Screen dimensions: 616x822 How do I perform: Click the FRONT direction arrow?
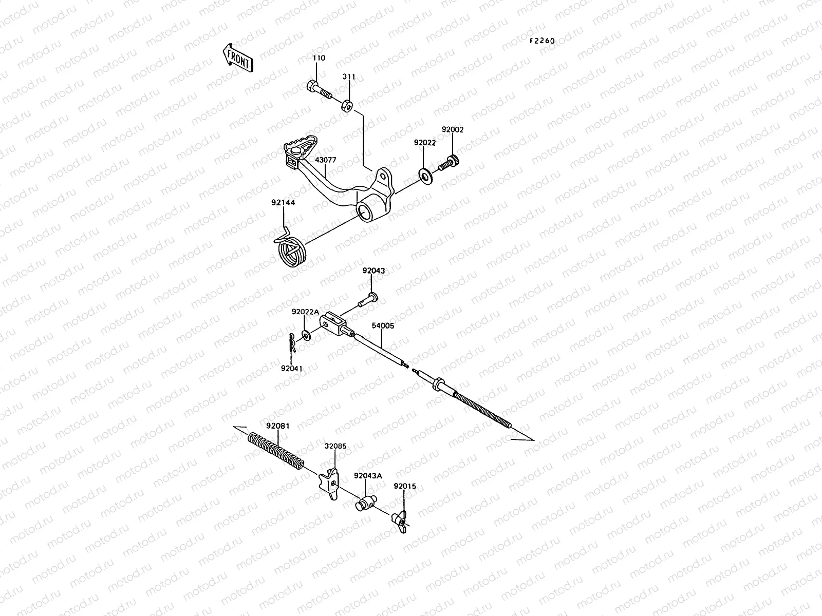coord(237,56)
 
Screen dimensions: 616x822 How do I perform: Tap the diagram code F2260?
coord(543,41)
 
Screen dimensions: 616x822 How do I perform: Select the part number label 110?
coord(319,59)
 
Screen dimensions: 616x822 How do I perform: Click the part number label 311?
coord(349,77)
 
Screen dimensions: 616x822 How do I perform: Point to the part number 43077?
coord(326,160)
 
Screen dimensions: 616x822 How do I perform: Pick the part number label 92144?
coord(283,203)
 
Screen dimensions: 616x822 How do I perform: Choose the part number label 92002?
coord(453,130)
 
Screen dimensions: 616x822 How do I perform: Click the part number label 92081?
coord(277,426)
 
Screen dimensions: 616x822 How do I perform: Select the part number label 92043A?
coord(368,476)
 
